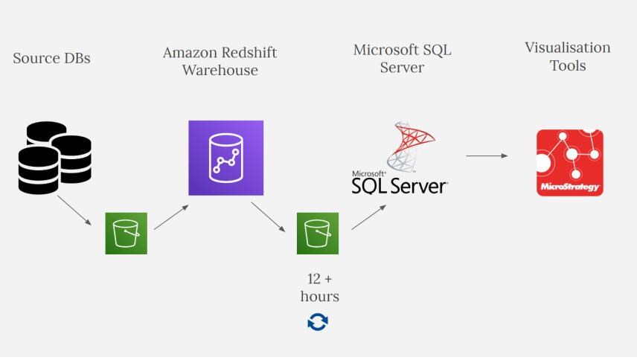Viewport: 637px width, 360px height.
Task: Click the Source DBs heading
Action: pos(51,59)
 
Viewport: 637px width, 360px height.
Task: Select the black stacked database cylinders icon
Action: pos(55,158)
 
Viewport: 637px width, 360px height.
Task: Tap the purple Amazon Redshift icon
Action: pos(226,158)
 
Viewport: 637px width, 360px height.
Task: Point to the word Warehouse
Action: pos(220,71)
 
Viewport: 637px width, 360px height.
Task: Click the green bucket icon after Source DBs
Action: pos(127,234)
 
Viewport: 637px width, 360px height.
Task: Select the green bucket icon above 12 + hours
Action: pos(318,234)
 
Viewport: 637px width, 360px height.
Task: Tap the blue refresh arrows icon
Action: pos(318,322)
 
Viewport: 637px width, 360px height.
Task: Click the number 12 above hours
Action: pos(314,279)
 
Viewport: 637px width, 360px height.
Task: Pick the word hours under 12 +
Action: pos(320,297)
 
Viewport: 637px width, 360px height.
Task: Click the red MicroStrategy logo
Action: pos(570,163)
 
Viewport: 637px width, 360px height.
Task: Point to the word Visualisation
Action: pos(568,48)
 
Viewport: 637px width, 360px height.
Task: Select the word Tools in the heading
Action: pos(568,65)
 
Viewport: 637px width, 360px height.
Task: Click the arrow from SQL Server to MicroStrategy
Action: pos(487,156)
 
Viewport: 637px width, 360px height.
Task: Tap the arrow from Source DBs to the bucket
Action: pos(74,210)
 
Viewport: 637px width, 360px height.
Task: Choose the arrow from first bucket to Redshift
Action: pos(171,217)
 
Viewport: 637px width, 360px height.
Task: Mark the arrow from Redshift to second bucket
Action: pos(268,217)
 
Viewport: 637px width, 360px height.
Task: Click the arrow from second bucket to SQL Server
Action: pos(369,217)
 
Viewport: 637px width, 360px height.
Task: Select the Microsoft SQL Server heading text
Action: pos(402,59)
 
